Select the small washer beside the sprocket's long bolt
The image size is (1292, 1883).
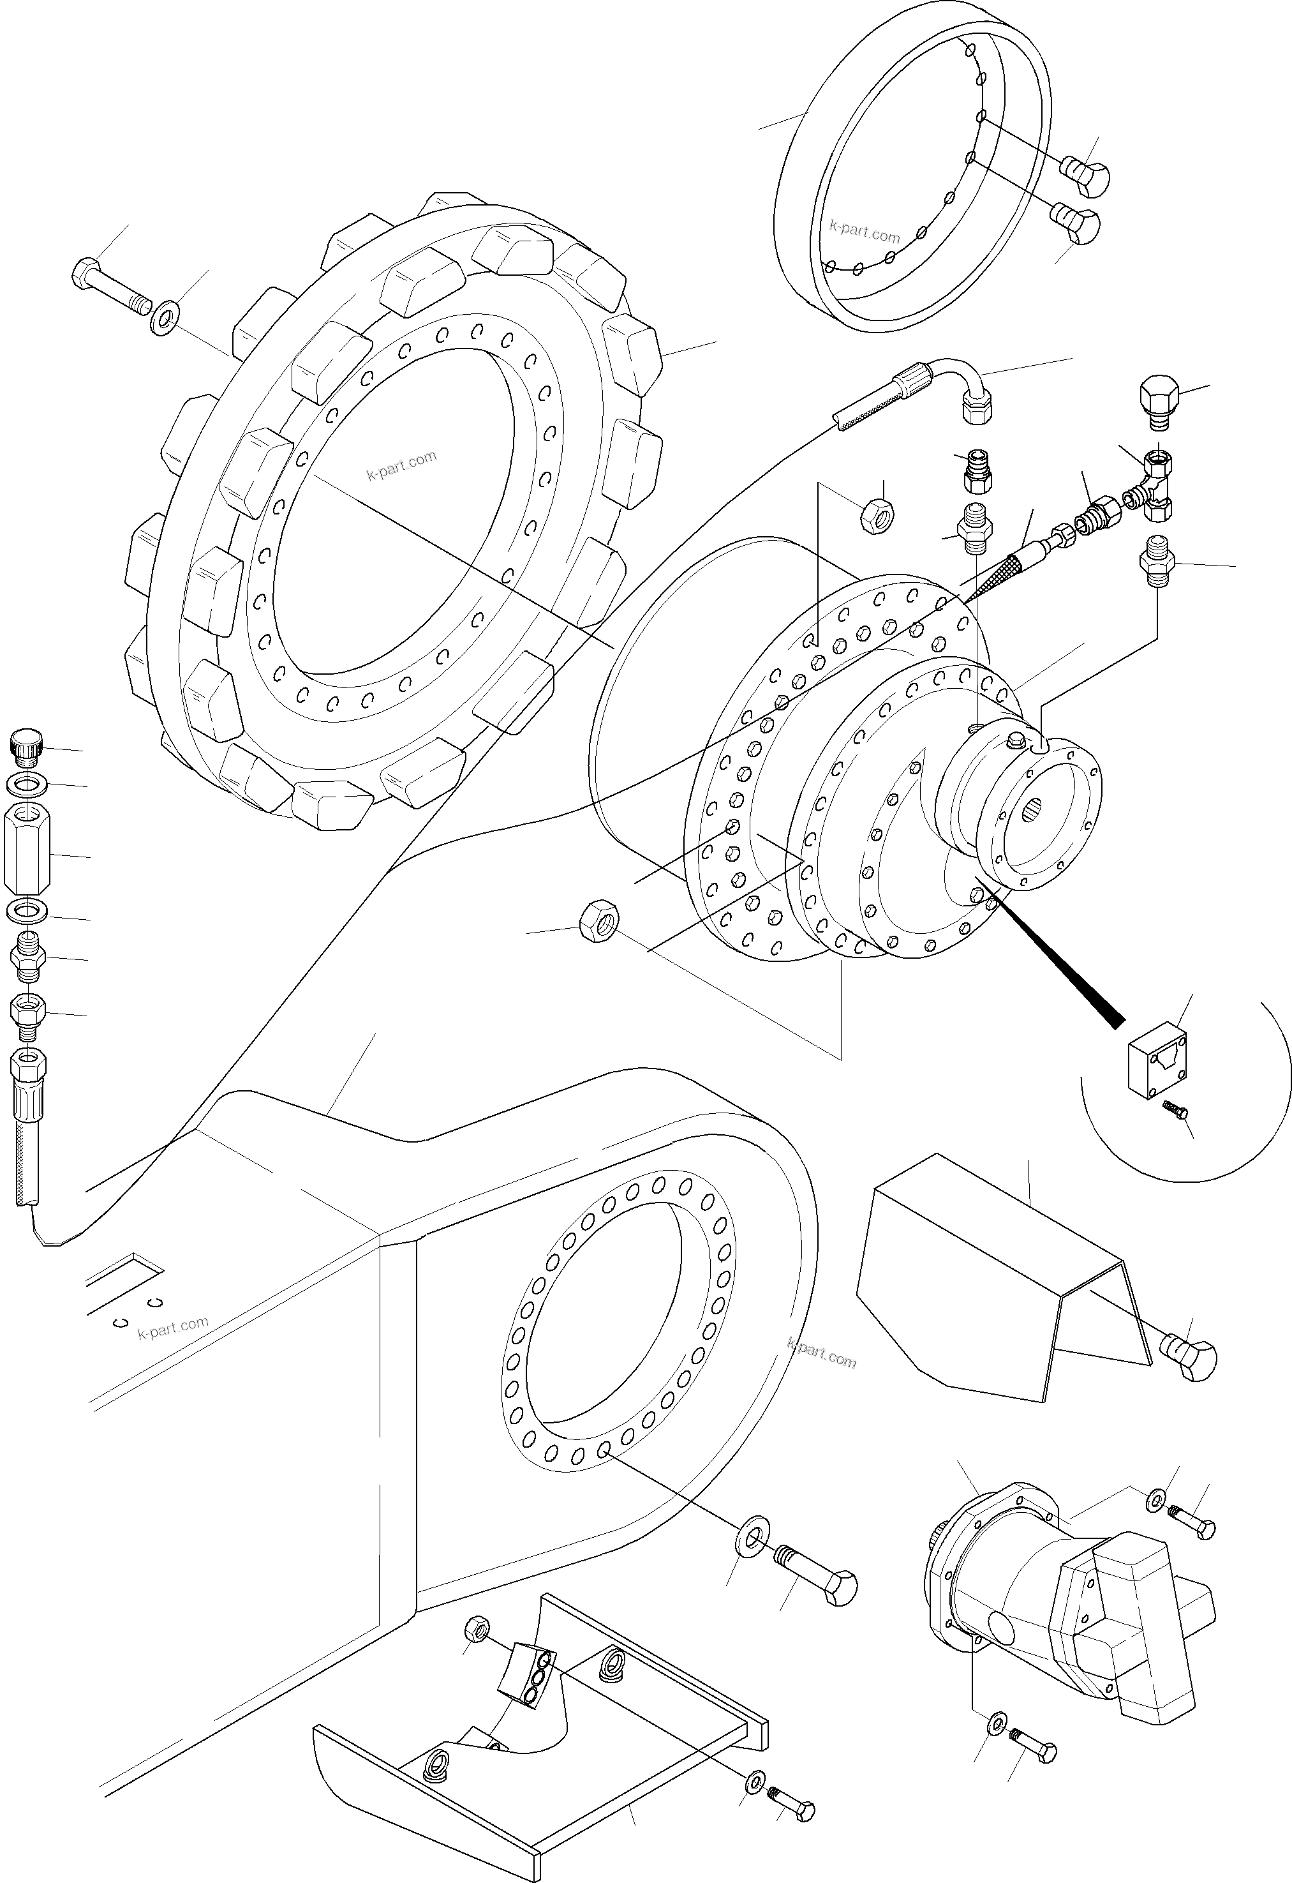(x=165, y=319)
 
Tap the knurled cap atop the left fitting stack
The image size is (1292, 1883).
(x=24, y=746)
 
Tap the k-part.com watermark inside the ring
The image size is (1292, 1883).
(x=865, y=232)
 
